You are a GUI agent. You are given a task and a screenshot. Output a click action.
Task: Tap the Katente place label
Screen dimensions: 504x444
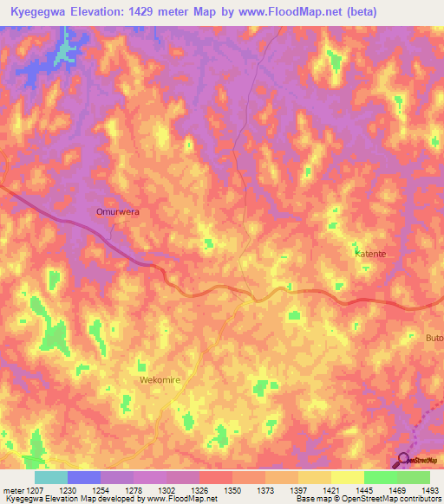(370, 254)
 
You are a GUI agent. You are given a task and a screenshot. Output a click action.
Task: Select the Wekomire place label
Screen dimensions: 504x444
(159, 380)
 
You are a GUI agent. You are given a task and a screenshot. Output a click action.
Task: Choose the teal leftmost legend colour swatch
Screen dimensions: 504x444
(51, 477)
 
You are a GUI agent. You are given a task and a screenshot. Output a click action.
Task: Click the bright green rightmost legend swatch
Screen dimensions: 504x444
(414, 477)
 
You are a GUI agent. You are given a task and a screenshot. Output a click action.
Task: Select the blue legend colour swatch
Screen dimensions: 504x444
(84, 477)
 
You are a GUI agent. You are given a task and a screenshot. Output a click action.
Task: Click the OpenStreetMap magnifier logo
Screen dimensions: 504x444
(404, 459)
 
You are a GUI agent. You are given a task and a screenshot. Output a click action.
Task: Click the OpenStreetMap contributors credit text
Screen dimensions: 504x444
(390, 500)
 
